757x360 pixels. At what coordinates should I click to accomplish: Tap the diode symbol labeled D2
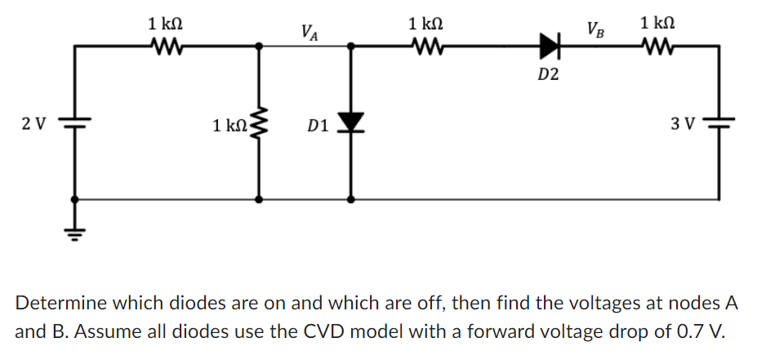tap(550, 47)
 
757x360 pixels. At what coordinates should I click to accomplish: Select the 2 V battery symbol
tap(75, 124)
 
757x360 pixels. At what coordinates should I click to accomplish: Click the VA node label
tap(309, 33)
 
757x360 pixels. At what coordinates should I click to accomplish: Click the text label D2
tap(549, 76)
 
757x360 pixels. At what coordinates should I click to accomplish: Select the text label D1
tap(318, 126)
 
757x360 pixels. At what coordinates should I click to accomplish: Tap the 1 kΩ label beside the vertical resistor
tap(228, 126)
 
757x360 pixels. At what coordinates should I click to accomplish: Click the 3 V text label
tap(682, 124)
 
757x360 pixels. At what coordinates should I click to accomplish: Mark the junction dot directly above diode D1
tap(351, 47)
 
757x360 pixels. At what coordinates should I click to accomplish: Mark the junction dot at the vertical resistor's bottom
tap(260, 198)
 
